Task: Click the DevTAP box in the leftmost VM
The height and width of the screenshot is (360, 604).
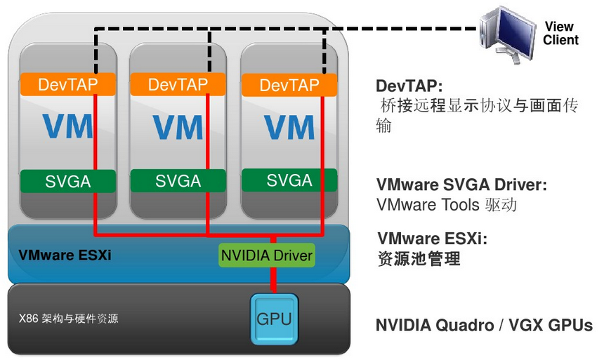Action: [67, 85]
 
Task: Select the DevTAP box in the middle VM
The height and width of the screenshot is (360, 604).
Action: [178, 85]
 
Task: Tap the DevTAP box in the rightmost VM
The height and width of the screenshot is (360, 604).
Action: [289, 86]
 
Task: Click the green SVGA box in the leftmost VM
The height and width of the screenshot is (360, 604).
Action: [67, 180]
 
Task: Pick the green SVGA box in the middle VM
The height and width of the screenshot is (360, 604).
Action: [178, 180]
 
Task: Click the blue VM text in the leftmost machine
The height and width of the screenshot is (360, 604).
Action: [67, 126]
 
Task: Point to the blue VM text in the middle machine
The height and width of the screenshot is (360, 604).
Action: [178, 126]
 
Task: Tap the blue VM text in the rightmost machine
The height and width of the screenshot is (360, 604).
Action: [289, 126]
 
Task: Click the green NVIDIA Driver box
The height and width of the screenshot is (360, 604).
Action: [267, 255]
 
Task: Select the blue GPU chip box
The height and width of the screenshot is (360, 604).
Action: [274, 319]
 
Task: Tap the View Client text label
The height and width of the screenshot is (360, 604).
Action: [560, 33]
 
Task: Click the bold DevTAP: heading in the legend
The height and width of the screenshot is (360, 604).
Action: [409, 86]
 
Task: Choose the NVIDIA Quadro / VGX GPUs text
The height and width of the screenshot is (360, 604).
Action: [483, 326]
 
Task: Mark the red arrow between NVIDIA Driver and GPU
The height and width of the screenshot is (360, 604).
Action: [274, 281]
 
